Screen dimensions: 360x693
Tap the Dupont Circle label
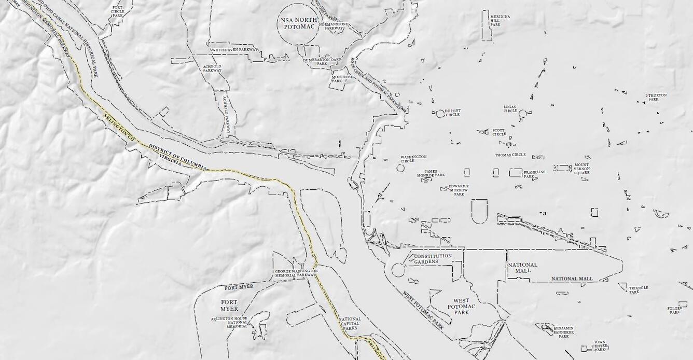[452, 113]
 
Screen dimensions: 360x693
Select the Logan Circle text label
[510, 109]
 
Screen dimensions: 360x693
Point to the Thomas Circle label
[510, 155]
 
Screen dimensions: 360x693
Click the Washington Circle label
[413, 159]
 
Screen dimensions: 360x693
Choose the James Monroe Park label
[431, 173]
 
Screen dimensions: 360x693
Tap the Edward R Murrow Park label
[459, 190]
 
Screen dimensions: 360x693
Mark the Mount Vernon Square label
[581, 169]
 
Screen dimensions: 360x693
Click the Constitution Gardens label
[433, 259]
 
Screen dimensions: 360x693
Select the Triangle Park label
[638, 289]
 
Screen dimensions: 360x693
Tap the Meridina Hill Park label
[500, 20]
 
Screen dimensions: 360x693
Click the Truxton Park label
[657, 98]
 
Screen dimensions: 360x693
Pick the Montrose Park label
[342, 79]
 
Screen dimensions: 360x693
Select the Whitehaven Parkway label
[234, 50]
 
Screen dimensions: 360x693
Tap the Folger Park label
[674, 310]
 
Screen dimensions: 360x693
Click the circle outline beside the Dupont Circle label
[440, 114]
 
